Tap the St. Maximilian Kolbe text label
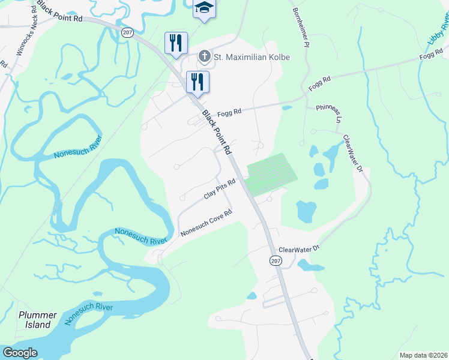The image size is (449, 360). click(x=253, y=58)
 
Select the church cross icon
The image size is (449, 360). click(x=204, y=57)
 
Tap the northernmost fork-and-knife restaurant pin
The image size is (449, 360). click(x=176, y=43)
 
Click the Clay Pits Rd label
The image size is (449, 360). click(x=219, y=188)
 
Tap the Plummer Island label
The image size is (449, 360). click(x=37, y=320)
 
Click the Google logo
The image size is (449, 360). click(x=19, y=353)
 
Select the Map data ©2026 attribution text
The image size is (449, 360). click(x=424, y=355)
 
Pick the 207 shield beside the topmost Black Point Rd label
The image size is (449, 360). click(x=127, y=32)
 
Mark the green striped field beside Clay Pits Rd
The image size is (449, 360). click(x=272, y=173)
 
